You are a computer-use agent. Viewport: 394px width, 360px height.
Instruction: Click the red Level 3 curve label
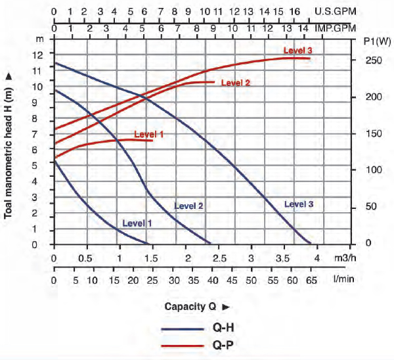(297, 51)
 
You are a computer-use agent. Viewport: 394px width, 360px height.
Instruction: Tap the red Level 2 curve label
(236, 83)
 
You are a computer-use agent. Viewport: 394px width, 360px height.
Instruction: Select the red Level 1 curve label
(148, 134)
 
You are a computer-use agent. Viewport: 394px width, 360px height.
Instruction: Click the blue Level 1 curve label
(137, 223)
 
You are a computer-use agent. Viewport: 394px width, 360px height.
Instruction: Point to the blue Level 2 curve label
(188, 206)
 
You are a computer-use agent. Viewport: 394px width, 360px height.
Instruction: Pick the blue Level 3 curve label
(299, 204)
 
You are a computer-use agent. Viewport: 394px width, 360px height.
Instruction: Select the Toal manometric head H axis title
(9, 145)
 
